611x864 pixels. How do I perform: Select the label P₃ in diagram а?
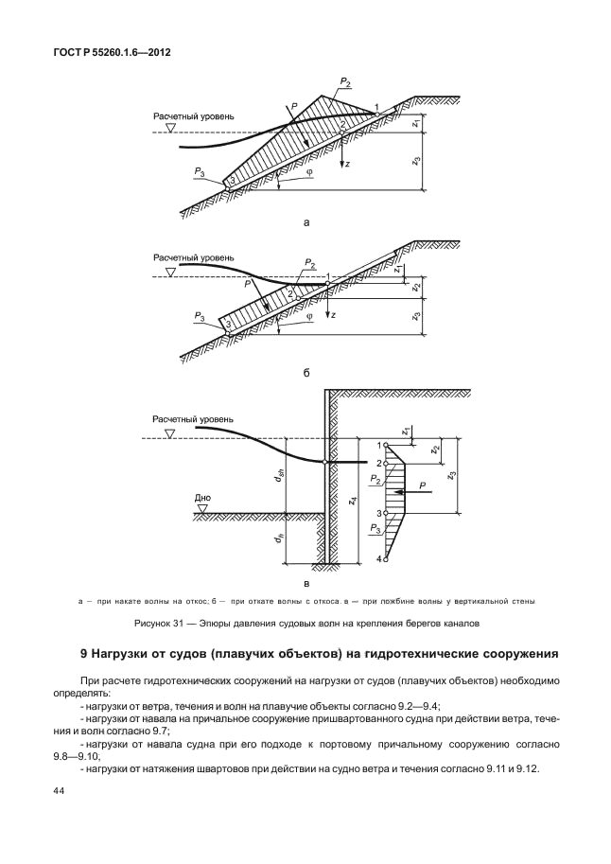pos(200,170)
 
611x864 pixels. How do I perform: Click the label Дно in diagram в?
pos(201,496)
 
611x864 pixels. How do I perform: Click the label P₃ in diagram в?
pos(376,529)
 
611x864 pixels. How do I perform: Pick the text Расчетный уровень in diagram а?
pos(194,117)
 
